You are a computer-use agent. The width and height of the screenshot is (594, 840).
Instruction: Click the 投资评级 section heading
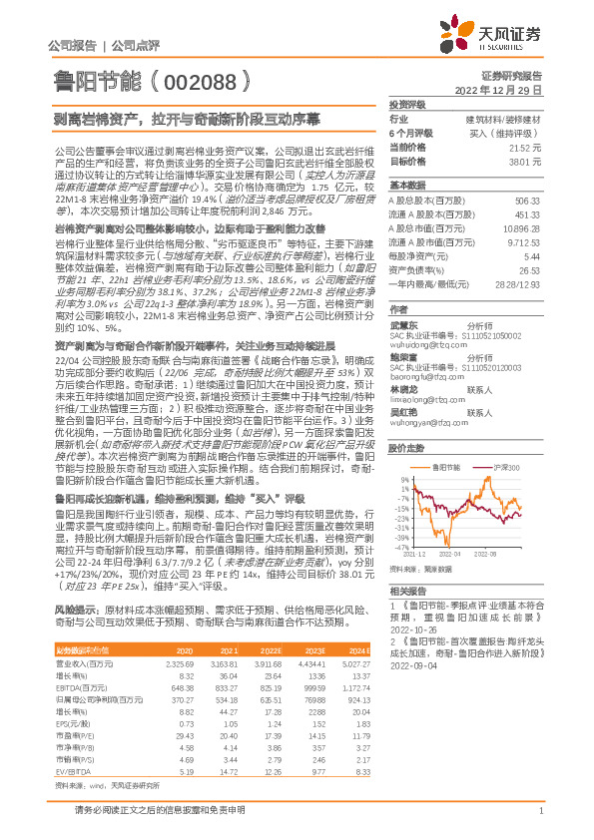408,104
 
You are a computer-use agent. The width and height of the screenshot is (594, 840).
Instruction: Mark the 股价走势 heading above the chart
408,448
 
